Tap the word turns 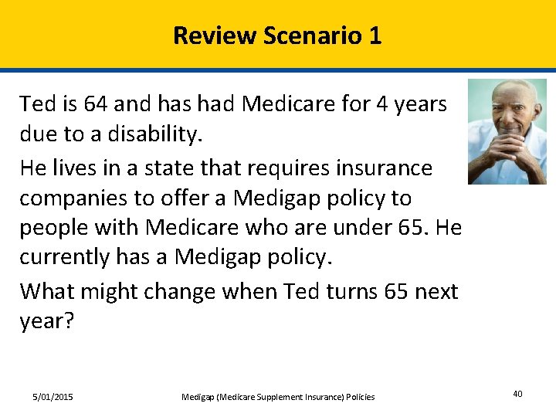point(326,292)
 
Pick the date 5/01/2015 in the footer point(53,397)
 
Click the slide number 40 point(517,395)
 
